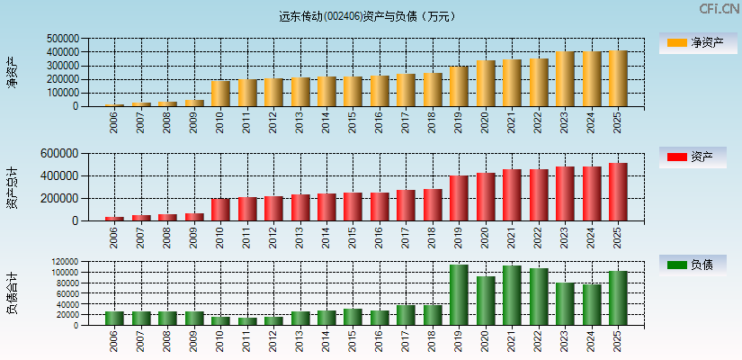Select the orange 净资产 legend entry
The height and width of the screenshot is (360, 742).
699,42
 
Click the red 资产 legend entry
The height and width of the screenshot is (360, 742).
699,157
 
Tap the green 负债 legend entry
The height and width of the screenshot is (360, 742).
699,265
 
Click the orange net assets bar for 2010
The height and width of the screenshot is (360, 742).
220,94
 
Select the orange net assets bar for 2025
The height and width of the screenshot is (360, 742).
618,78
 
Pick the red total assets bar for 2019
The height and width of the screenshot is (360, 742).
459,198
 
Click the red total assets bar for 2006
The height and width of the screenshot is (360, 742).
114,219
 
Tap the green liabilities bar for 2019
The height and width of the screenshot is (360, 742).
459,295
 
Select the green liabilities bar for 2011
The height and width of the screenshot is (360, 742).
246,320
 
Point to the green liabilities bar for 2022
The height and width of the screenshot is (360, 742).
539,297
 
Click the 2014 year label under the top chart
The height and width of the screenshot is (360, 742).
327,121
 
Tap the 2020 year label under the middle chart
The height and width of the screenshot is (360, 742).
487,237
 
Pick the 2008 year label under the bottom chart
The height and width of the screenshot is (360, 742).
168,341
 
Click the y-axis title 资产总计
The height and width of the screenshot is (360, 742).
12,188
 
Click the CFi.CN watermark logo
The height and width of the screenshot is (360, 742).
719,8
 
